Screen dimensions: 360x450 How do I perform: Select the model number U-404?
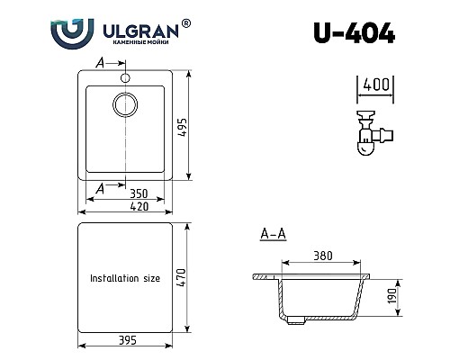click(354, 34)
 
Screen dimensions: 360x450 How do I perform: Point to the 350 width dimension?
click(138, 193)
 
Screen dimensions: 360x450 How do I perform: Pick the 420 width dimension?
click(137, 206)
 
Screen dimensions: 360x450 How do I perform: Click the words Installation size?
click(124, 279)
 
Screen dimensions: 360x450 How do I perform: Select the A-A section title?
click(273, 236)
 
